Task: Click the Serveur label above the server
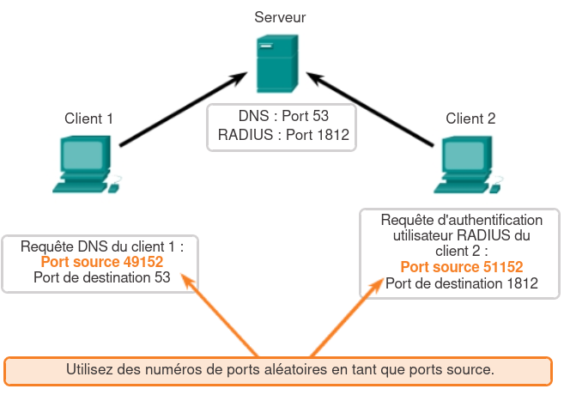click(x=281, y=16)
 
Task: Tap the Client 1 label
click(x=88, y=118)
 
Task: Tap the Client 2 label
click(x=470, y=118)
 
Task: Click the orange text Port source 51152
click(x=462, y=266)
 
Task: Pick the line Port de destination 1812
click(x=462, y=283)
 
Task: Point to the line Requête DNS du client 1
click(x=101, y=246)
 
